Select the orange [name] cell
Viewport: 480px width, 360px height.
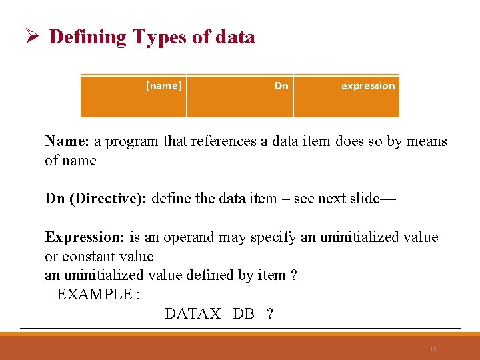point(133,96)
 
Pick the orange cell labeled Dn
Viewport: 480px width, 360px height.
point(240,96)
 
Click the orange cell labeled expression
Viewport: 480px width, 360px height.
point(347,96)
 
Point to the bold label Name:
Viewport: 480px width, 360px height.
point(67,141)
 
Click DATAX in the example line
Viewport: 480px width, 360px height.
point(192,313)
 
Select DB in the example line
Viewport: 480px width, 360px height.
point(243,313)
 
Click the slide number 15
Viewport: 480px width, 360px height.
point(433,349)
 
